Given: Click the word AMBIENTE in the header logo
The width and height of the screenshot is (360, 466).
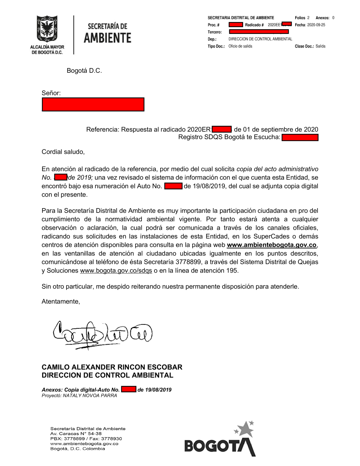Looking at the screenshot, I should (x=107, y=38).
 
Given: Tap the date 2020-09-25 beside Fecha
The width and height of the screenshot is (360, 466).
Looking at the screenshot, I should (x=316, y=25).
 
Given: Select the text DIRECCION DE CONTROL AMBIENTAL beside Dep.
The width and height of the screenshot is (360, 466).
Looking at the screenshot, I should (x=260, y=39).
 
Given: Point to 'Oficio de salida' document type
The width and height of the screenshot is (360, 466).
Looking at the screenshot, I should (x=240, y=46).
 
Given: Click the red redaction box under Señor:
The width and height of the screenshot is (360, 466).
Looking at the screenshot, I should (x=93, y=104).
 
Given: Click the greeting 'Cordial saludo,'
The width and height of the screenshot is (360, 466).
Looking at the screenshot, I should (x=63, y=152).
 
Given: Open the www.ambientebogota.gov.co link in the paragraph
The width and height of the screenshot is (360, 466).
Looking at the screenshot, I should (x=271, y=245).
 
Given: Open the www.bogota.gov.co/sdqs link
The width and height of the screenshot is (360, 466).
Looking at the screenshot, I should (x=116, y=270).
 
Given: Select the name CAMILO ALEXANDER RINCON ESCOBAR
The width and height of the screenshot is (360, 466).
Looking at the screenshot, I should (x=112, y=367).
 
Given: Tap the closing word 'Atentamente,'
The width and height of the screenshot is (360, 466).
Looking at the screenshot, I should (x=61, y=301).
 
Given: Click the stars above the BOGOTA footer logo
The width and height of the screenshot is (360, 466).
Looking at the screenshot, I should (x=245, y=429).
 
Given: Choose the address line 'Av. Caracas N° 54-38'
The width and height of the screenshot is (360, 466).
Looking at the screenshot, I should (x=76, y=434).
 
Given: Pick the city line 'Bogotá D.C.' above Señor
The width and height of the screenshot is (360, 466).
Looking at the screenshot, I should (x=84, y=71).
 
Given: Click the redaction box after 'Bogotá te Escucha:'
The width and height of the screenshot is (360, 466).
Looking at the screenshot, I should (x=300, y=137).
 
